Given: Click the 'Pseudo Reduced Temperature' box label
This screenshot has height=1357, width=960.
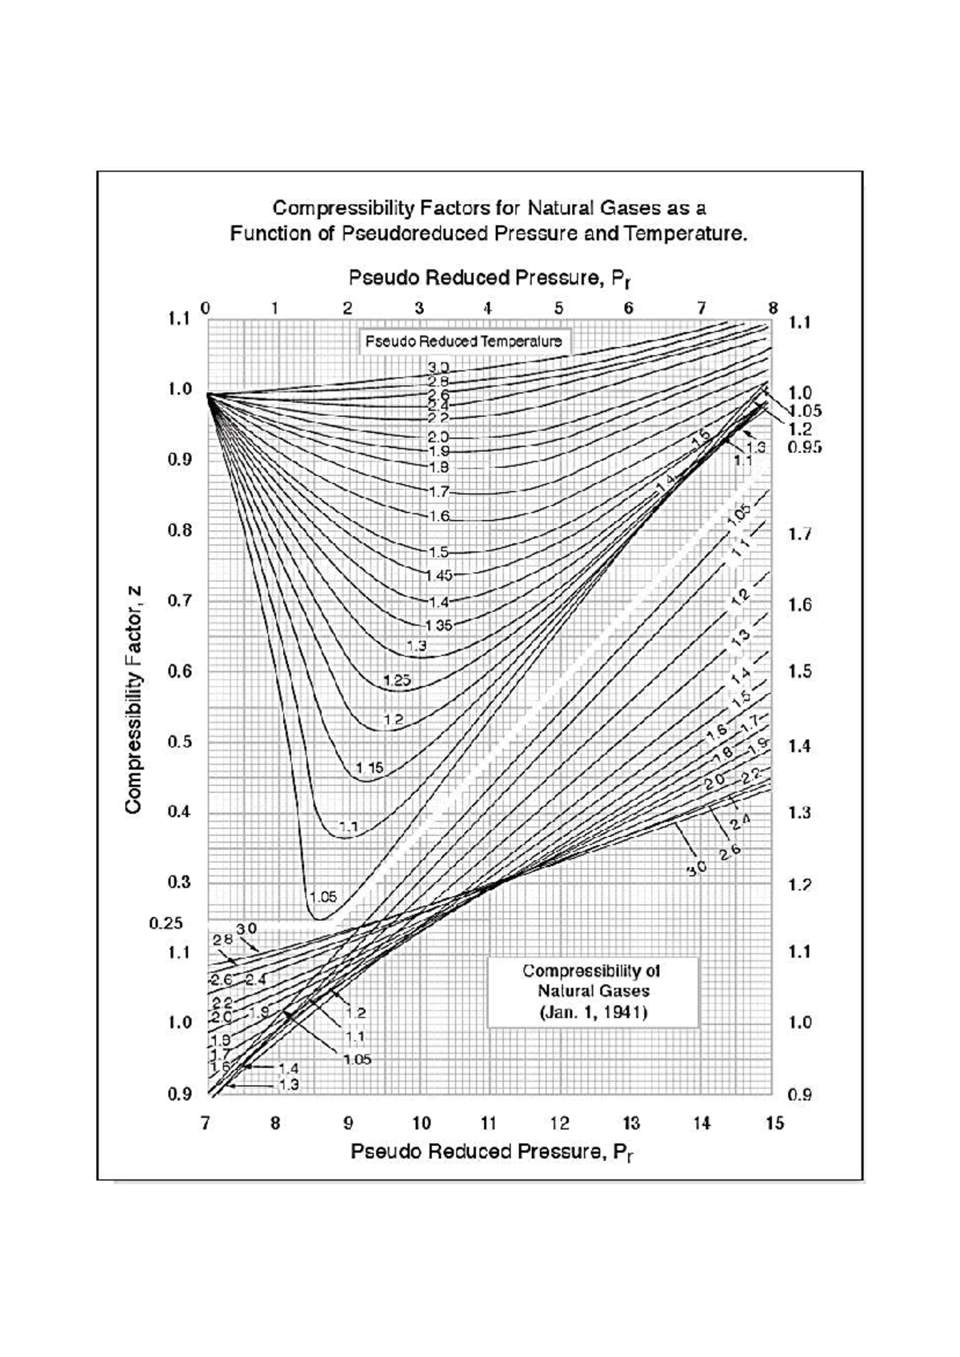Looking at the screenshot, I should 463,341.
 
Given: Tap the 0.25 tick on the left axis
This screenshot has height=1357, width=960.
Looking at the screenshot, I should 166,923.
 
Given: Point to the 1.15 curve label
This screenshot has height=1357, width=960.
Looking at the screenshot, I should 370,767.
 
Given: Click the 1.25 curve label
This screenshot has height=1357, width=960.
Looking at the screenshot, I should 397,681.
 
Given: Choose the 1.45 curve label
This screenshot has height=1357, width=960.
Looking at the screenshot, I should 439,574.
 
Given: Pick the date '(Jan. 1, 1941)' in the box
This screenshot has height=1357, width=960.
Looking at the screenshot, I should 593,1012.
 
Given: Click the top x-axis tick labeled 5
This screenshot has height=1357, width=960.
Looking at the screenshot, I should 558,308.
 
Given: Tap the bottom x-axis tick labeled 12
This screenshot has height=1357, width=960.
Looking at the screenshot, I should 559,1123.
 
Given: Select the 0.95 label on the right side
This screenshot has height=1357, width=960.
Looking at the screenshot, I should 804,448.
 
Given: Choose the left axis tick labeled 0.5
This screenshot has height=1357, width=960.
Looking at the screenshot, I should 178,741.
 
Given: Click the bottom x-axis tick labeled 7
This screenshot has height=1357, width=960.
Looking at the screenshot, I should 206,1123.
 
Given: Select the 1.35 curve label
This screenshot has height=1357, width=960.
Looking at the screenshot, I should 438,625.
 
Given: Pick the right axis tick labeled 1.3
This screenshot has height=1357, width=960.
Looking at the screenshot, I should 800,813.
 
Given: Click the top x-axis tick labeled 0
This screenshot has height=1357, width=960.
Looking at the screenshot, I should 206,308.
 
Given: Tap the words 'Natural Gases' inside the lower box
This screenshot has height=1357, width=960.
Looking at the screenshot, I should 593,991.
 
